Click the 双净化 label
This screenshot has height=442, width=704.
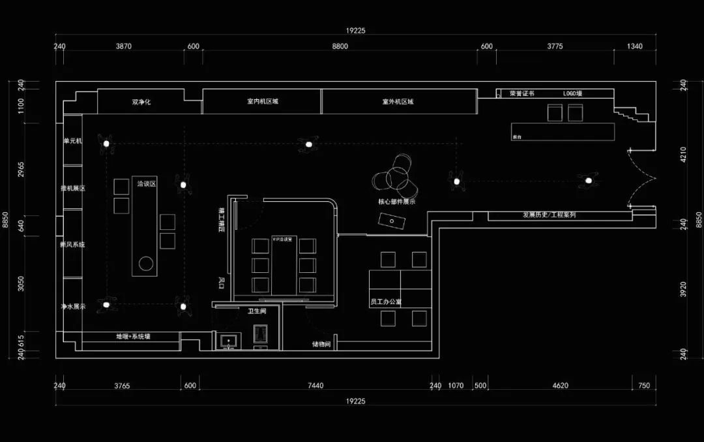tap(141, 102)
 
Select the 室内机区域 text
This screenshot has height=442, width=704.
tap(262, 102)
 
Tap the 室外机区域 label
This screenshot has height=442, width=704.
tap(398, 102)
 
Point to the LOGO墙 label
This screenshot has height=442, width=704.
tap(573, 93)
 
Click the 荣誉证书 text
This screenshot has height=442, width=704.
tap(522, 93)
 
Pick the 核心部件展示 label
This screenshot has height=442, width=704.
tap(396, 202)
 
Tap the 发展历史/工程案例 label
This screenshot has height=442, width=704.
tap(549, 215)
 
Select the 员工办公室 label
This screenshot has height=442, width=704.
tap(385, 302)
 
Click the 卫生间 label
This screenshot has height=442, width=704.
tap(257, 311)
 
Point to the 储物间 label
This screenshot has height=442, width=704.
tap(321, 344)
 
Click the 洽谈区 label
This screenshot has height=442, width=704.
tap(146, 185)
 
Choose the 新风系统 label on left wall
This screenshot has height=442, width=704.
tap(72, 245)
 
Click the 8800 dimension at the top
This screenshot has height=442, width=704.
tap(340, 46)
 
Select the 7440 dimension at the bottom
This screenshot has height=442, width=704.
tap(315, 386)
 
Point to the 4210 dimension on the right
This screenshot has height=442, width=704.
tap(683, 154)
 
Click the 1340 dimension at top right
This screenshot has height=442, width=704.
tap(634, 46)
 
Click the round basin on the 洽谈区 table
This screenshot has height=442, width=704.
tap(146, 264)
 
